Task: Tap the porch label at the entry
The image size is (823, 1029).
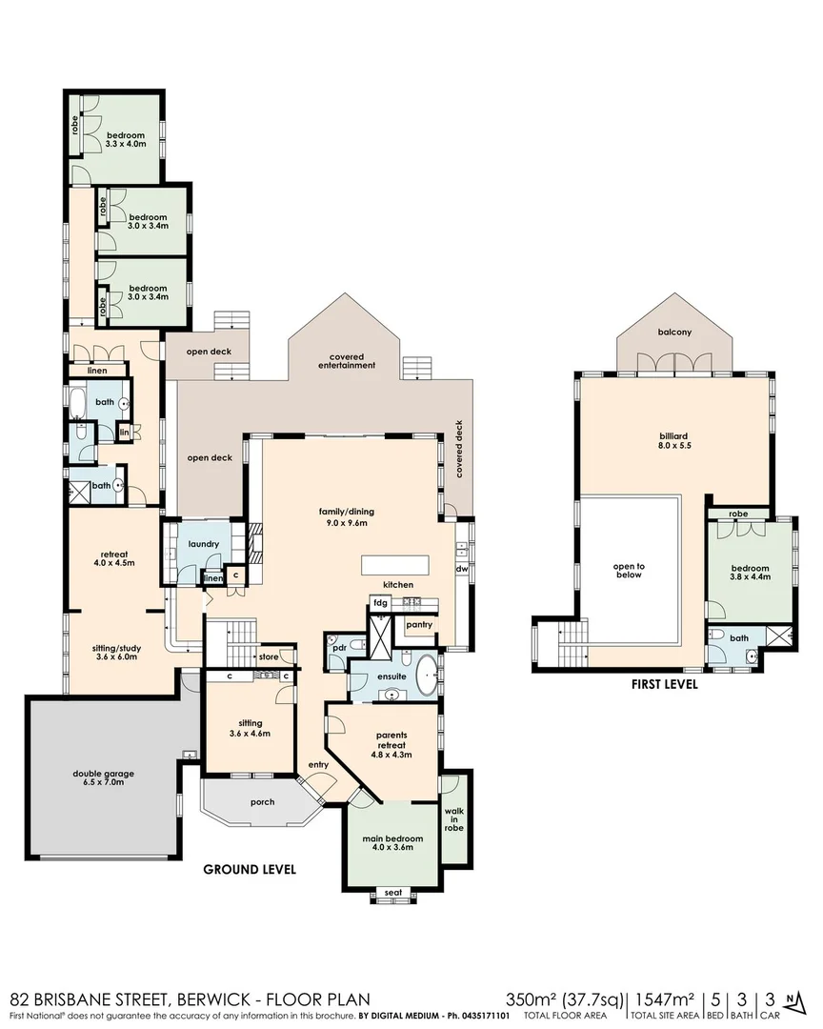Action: coord(262,801)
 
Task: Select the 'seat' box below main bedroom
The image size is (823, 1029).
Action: coord(391,893)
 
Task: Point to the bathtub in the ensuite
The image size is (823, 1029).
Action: coord(425,674)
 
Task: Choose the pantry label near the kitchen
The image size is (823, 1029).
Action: coord(418,625)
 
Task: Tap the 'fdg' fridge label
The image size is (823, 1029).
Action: coord(380,604)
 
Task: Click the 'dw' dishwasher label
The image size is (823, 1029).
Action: coord(462,569)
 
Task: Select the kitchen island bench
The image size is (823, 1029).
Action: coord(394,564)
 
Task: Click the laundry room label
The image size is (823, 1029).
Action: coord(204,544)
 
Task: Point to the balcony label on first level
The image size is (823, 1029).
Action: coord(674,333)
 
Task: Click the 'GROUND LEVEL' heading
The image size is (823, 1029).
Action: coord(250,869)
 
